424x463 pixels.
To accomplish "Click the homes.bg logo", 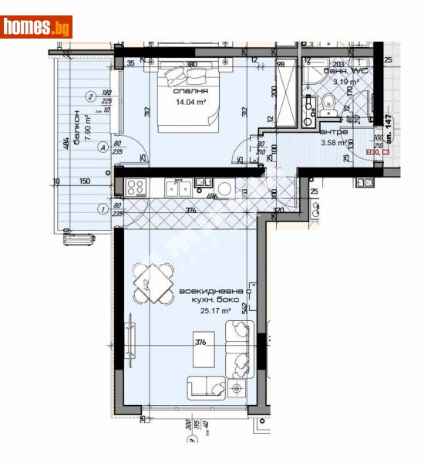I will coord(36,27).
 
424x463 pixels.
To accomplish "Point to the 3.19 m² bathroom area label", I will coord(346,81).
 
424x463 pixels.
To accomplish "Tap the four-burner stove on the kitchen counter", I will coord(136,188).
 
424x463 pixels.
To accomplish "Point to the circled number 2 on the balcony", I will coord(91,96).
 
